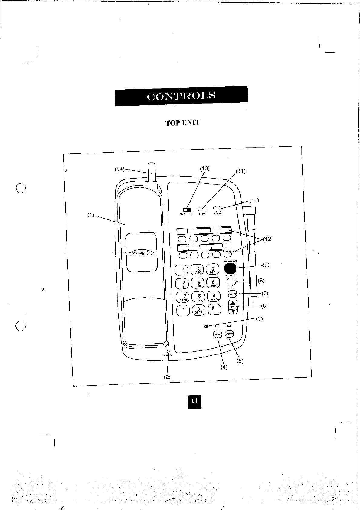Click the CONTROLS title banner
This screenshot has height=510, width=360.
coord(181,96)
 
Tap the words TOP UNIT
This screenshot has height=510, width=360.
coord(182,123)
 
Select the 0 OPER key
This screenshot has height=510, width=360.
coord(198,310)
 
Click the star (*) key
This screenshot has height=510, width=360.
coord(184,309)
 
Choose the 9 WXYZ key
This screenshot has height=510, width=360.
coord(214,296)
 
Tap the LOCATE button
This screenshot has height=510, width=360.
coord(233,294)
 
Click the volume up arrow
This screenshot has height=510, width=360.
coord(233,302)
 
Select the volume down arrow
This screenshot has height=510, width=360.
coord(233,311)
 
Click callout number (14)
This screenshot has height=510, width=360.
coord(119,169)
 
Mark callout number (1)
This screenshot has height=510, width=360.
coord(91,215)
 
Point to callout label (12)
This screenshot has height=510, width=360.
coord(267,239)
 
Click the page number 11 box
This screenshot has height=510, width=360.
coord(195,401)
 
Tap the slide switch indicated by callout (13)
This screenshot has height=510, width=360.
coord(187,209)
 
